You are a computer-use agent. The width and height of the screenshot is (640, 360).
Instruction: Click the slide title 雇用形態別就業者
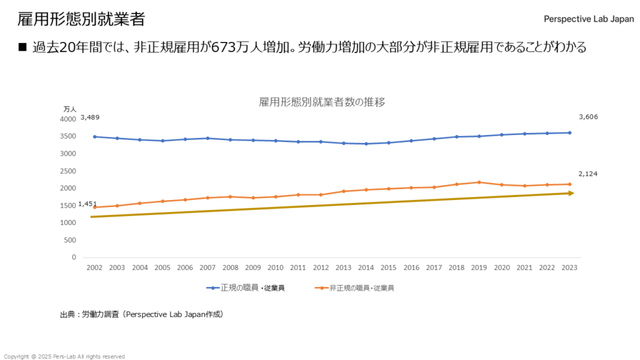[81, 19]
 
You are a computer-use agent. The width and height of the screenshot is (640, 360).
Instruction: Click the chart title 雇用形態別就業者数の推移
[322, 102]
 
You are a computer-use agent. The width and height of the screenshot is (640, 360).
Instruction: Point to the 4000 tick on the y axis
[67, 119]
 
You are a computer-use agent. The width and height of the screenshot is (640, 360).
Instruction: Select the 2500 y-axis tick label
[67, 171]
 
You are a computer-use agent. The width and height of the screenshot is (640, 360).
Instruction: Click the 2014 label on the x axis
[366, 267]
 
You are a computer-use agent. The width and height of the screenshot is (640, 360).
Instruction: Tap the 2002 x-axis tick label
[94, 267]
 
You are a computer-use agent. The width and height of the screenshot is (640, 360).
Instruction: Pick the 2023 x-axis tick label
[569, 267]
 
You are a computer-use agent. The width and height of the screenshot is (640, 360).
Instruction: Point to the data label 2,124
[588, 174]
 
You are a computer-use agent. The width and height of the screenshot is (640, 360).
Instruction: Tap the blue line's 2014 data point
[366, 144]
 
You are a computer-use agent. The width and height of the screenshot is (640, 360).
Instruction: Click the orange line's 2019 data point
[479, 182]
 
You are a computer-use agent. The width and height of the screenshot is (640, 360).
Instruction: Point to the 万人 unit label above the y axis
[69, 109]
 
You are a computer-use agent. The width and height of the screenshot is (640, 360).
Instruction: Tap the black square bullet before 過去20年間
[23, 48]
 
